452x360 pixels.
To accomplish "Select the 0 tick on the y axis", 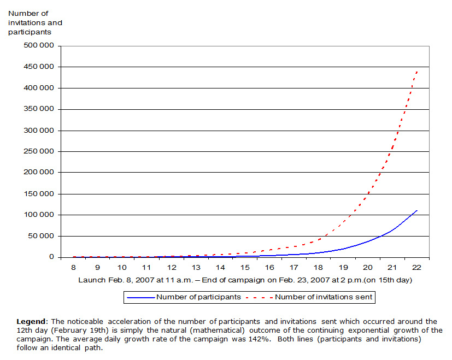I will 51,257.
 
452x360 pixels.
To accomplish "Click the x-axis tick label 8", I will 73,268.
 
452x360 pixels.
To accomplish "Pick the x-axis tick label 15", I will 245,268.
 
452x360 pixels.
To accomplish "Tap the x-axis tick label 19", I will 343,268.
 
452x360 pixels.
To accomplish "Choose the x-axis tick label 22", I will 416,268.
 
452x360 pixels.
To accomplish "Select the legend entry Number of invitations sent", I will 324,297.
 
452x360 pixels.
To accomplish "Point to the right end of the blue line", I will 417,210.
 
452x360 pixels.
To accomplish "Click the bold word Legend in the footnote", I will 29,321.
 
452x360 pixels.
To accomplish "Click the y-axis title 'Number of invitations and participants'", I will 35,23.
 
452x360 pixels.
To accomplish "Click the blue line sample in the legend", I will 139,297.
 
